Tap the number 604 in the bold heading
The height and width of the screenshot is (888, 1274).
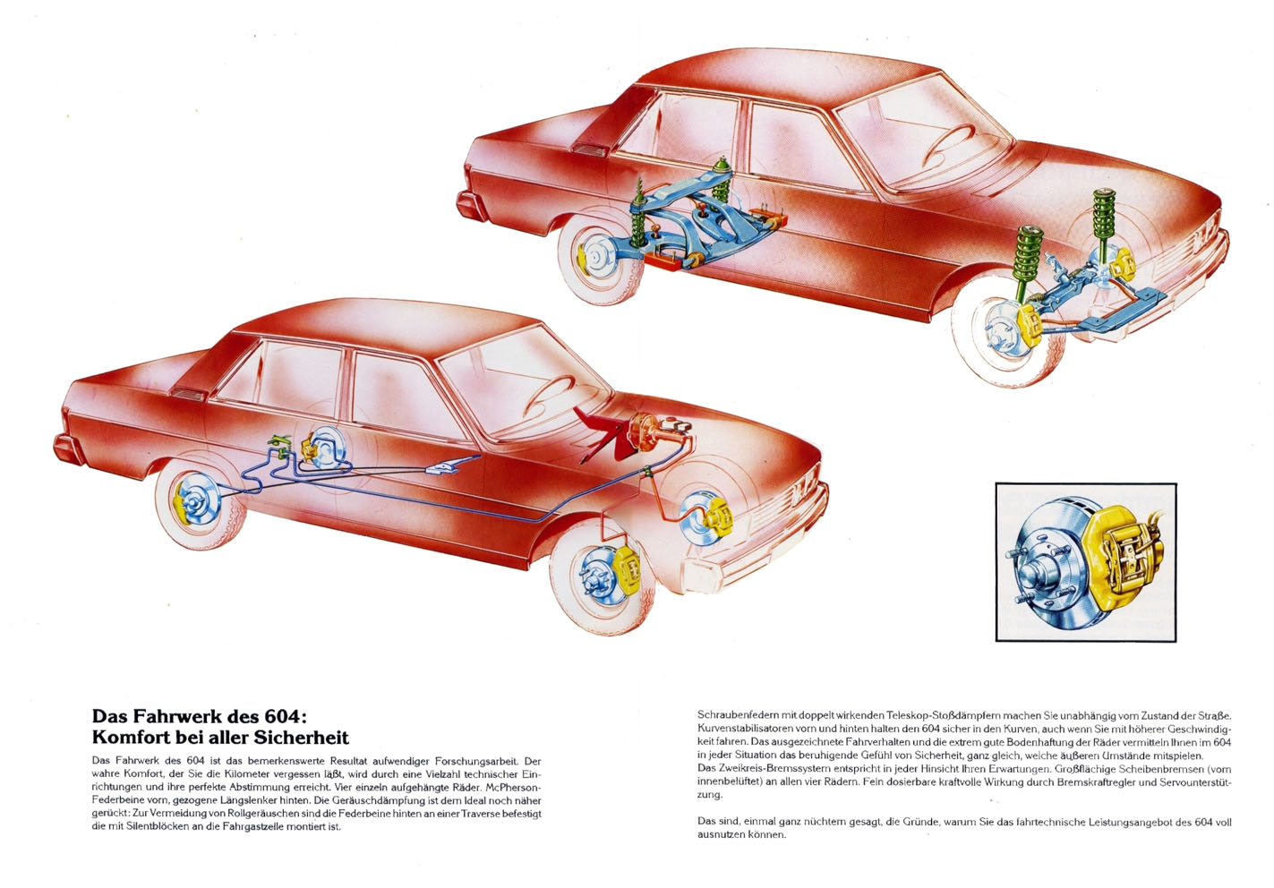pos(286,714)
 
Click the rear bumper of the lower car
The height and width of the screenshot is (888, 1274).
pos(68,449)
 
